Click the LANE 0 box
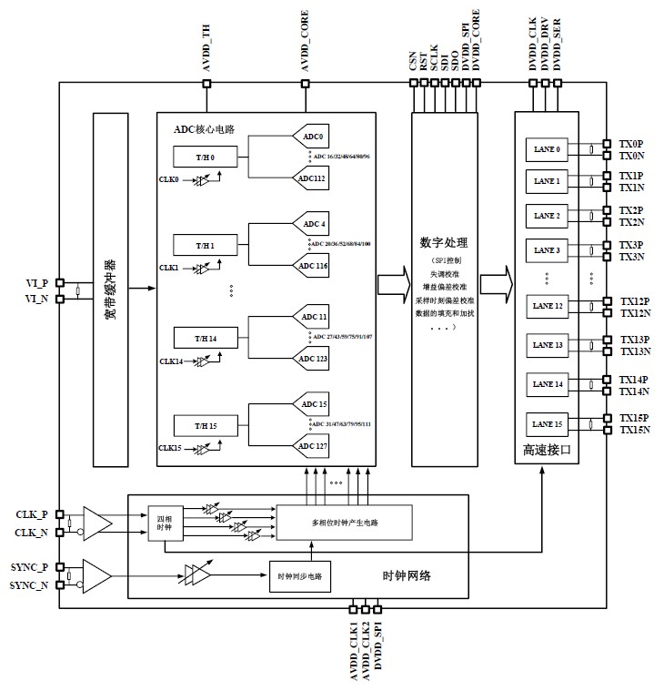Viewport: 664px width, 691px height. tap(547, 149)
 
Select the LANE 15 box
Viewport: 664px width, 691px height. tap(547, 424)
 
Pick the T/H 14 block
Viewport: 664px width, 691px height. tap(206, 338)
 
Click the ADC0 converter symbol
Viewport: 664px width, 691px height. tap(313, 137)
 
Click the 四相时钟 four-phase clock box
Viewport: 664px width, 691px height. tap(165, 523)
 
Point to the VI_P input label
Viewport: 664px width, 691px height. tap(36, 282)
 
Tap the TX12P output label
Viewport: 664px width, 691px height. tap(635, 301)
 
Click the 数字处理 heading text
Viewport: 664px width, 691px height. tap(443, 243)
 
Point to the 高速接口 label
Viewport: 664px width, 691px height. tap(546, 450)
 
